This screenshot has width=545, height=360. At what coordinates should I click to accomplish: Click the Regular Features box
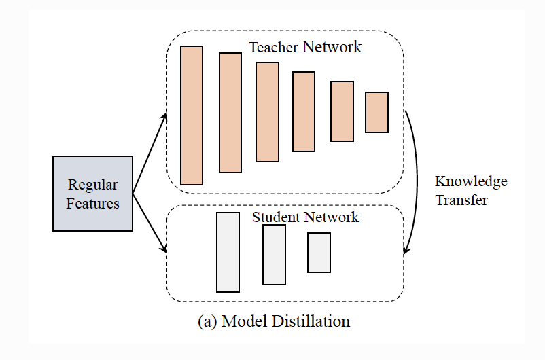coord(92,194)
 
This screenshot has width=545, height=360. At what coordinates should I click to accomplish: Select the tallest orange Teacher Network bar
coord(192,115)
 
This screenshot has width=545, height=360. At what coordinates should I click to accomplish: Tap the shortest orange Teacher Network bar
coord(376,112)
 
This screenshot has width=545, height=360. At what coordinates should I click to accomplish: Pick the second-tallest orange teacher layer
coord(230,113)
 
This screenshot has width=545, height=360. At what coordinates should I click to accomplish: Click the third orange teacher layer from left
coord(267,112)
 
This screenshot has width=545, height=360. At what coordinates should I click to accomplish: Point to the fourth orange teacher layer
coord(304,111)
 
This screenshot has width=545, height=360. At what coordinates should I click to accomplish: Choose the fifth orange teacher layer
coord(342,111)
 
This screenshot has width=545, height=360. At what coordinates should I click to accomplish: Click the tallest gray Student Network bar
coord(228,252)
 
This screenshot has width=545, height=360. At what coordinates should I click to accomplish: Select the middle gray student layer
coord(274,255)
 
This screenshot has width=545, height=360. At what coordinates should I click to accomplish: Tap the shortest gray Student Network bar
coord(319,253)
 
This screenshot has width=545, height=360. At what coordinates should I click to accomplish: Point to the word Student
coord(276,218)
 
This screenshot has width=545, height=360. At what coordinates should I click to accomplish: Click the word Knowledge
coord(471,182)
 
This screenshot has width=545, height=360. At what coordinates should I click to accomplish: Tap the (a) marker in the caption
coord(207,321)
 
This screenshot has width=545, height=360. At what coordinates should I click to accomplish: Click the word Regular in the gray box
coord(92,185)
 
